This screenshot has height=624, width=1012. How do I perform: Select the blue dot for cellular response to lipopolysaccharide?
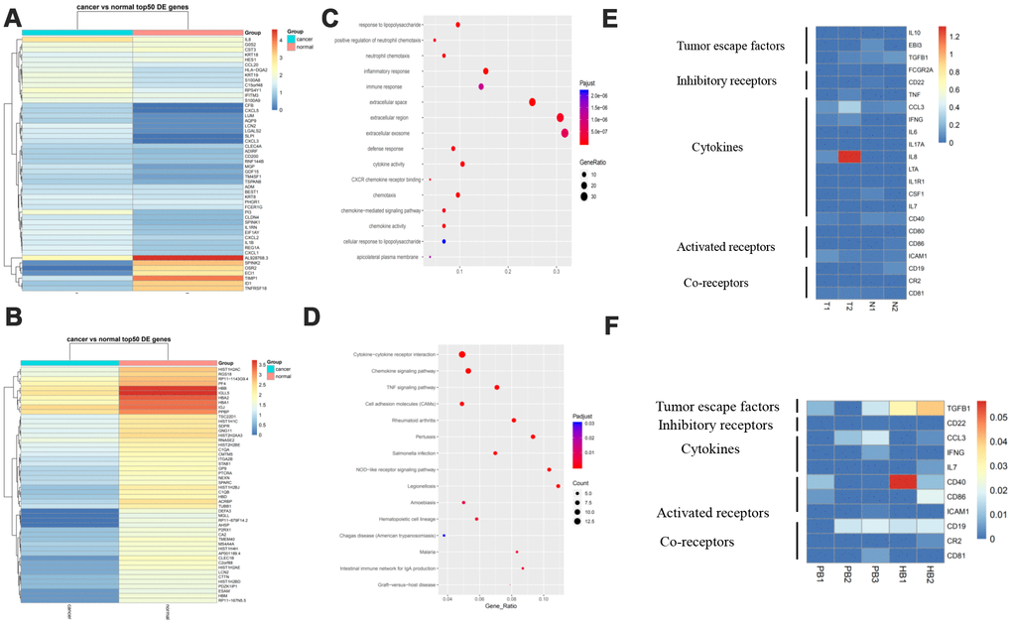pyautogui.click(x=443, y=241)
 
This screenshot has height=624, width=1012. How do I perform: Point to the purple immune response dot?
pyautogui.click(x=480, y=87)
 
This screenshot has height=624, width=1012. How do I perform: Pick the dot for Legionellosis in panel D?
pyautogui.click(x=559, y=486)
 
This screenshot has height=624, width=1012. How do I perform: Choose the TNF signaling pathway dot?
pyautogui.click(x=496, y=387)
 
